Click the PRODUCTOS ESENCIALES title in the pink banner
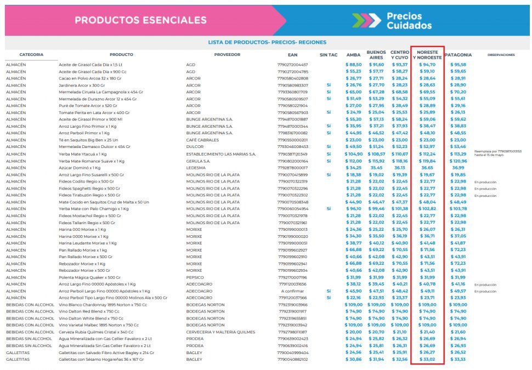point(140,20)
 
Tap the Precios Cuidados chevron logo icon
point(366,20)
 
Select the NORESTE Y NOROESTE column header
point(427,55)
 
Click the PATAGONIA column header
point(458,55)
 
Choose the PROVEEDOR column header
point(227,55)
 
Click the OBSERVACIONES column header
point(501,55)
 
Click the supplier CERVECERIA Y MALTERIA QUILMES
point(220,332)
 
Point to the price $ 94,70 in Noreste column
point(427,65)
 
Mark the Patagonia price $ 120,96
point(458,161)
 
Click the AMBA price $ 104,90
point(353,154)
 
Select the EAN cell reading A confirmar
point(292,291)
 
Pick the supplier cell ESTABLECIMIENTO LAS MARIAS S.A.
point(221,154)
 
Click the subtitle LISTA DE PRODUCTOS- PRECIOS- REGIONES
point(267,42)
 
